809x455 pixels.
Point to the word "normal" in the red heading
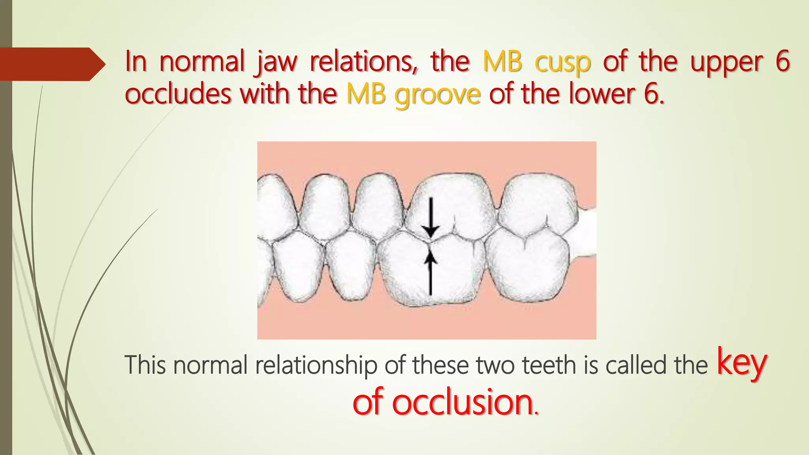pyautogui.click(x=202, y=62)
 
